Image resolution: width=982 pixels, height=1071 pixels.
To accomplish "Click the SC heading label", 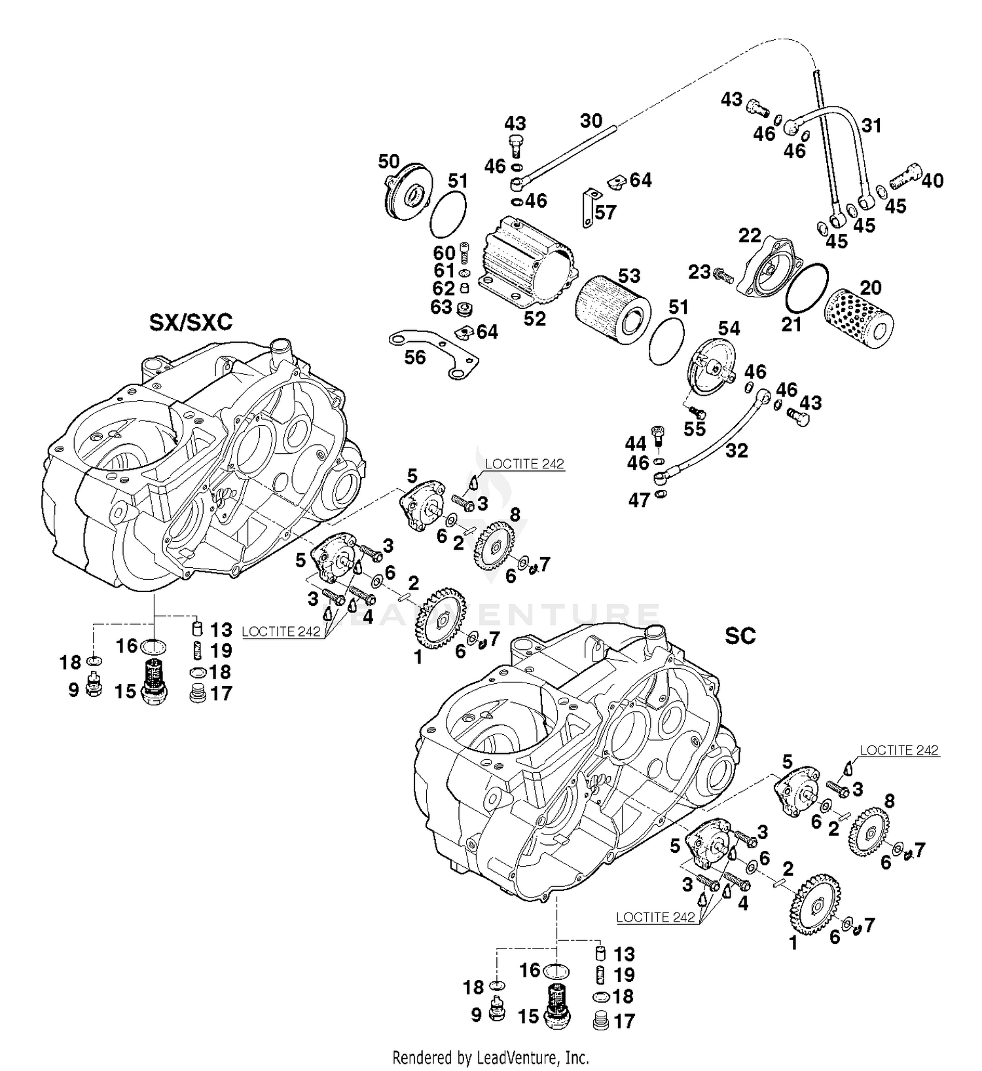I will [740, 635].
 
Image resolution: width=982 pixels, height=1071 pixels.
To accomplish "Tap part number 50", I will [389, 161].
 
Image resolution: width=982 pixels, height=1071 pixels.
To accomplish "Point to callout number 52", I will [534, 318].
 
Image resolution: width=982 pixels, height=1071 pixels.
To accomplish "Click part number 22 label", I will [750, 235].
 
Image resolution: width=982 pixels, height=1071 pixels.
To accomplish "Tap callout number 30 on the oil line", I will [591, 121].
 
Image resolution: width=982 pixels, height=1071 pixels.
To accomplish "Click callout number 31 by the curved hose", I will [871, 124].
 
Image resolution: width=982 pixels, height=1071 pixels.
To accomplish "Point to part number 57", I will [606, 212].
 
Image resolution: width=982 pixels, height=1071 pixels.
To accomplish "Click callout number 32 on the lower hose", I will [736, 450].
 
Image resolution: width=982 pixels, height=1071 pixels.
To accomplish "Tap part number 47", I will [639, 500].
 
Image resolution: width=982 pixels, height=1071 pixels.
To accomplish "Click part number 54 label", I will [729, 328].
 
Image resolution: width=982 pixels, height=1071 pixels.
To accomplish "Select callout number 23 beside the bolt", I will [699, 271].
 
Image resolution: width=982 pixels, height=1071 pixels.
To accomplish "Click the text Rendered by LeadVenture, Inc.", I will [490, 1057].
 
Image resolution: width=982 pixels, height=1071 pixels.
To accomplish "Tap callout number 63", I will [441, 306].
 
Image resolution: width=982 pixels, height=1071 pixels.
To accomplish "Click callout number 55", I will [695, 428].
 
